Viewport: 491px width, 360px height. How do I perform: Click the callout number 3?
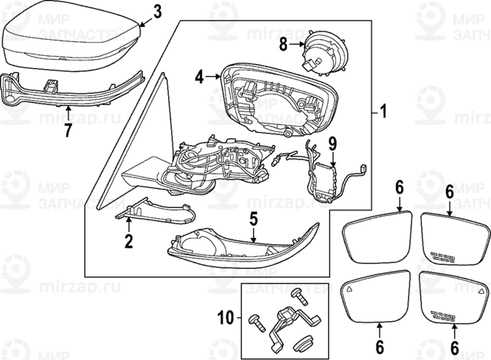coord(157,12)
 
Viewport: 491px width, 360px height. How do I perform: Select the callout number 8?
coord(283,45)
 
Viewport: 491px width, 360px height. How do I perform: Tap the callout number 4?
coord(199,77)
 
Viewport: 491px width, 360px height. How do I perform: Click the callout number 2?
coord(129,242)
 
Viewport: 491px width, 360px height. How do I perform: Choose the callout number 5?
coord(253,220)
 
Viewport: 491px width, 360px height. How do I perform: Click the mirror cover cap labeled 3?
coord(69,42)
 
